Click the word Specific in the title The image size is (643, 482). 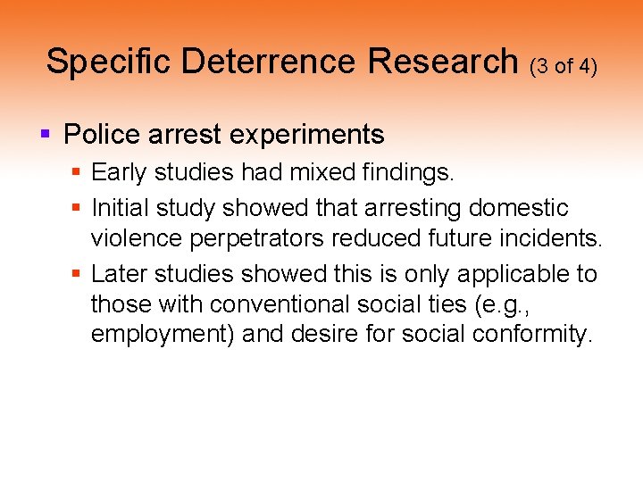click(108, 62)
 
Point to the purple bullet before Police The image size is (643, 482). click(46, 135)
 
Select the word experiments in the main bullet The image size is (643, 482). click(308, 135)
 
